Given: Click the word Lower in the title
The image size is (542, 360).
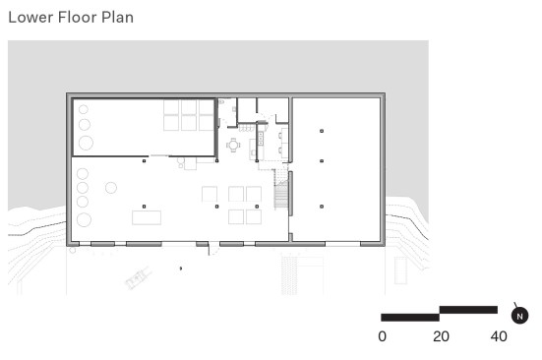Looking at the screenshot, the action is coord(30,18).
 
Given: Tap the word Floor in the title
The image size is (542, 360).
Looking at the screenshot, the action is coord(77,18).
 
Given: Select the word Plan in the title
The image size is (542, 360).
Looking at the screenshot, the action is coord(117,18).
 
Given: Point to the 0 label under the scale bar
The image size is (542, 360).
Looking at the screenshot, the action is coord(382,336).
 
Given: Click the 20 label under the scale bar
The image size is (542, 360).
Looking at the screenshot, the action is coord(441,336).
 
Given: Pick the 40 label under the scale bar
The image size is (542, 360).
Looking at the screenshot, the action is coord(499,336).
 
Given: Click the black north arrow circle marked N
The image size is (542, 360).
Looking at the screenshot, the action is coord(520,316).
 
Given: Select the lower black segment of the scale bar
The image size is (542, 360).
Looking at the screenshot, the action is coord(410,317).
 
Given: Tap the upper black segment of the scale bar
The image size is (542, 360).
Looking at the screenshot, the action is coord(468,310).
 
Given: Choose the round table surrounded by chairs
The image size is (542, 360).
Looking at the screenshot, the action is coord(234,146).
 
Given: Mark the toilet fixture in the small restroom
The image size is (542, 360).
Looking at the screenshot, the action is coord(221,102).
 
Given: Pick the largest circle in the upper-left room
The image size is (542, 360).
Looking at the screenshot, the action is coord(86,143).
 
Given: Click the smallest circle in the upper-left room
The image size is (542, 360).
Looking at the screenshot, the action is coord(84,109).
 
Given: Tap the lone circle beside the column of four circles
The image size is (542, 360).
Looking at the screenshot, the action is coord(111,188).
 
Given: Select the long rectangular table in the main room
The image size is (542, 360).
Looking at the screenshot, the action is coord(147,217).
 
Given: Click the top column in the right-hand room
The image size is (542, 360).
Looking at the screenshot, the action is coord(322,131).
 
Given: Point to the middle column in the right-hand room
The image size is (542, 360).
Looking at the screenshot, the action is coord(322,161).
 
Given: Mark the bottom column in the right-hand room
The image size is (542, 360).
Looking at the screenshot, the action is coord(322,207).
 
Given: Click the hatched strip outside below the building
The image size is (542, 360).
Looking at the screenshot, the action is coord(289,275).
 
